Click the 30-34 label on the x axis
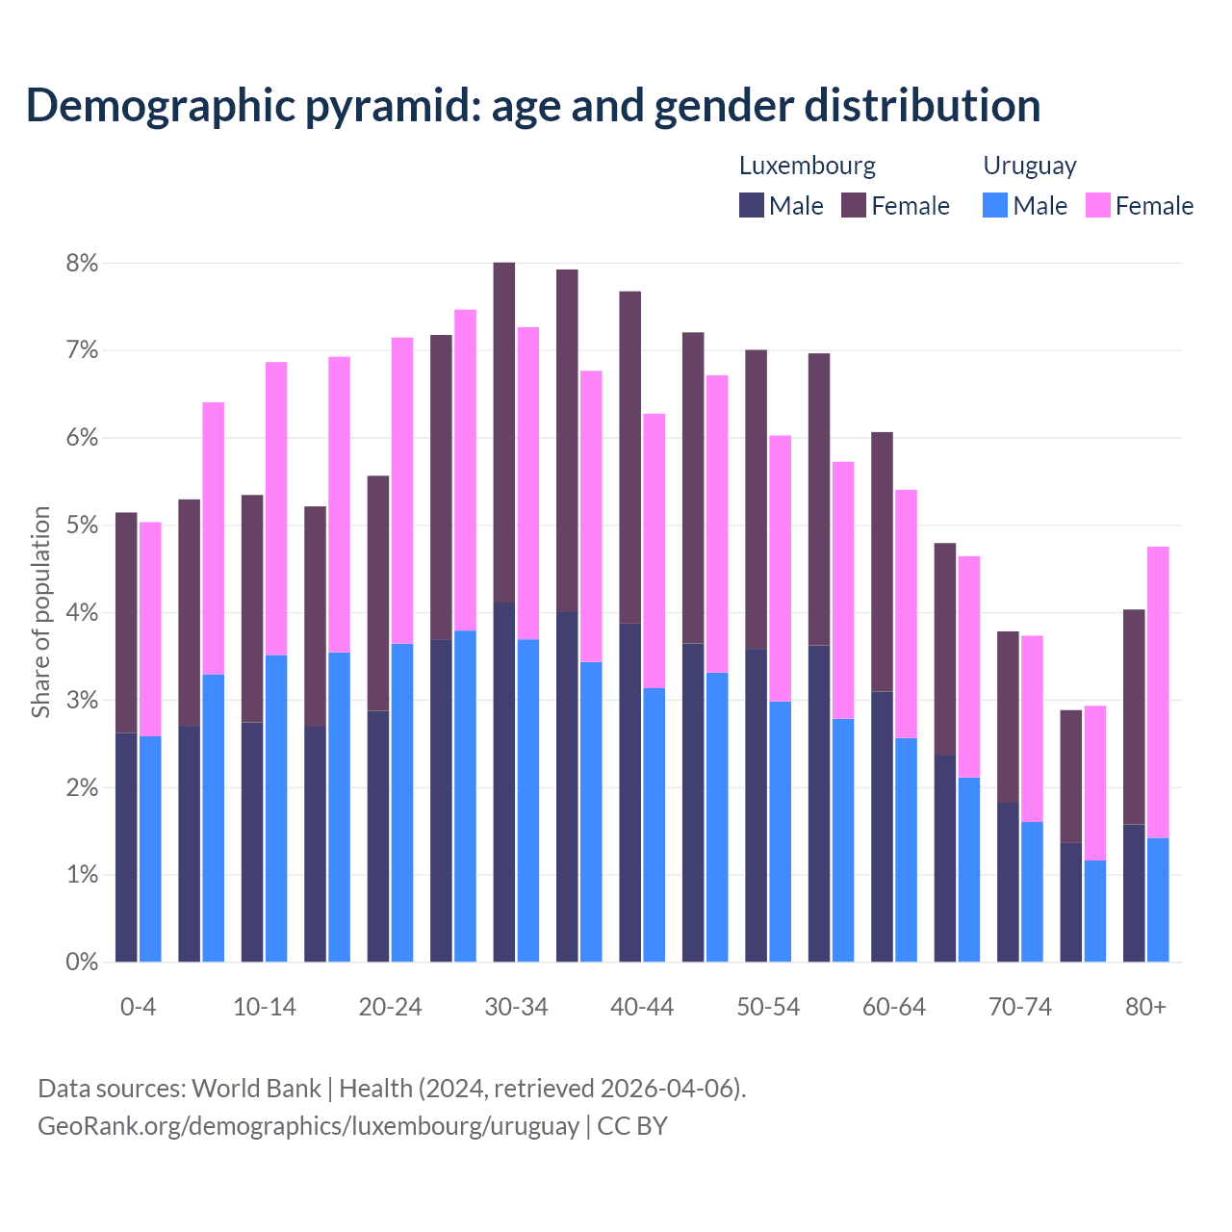pyautogui.click(x=516, y=1007)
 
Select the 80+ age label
pyautogui.click(x=1145, y=1007)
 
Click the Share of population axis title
pyautogui.click(x=40, y=612)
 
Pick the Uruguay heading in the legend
pyautogui.click(x=1029, y=166)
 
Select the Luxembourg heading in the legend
pyautogui.click(x=807, y=166)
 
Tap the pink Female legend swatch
pyautogui.click(x=1098, y=205)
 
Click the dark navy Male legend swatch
pyautogui.click(x=752, y=205)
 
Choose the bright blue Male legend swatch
pyautogui.click(x=995, y=205)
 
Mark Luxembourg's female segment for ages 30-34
pyautogui.click(x=503, y=432)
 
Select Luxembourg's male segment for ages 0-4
pyautogui.click(x=126, y=847)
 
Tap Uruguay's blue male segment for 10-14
pyautogui.click(x=276, y=808)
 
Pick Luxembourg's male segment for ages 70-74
pyautogui.click(x=1008, y=882)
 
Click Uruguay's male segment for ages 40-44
pyautogui.click(x=654, y=825)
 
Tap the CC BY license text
pyautogui.click(x=632, y=1126)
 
